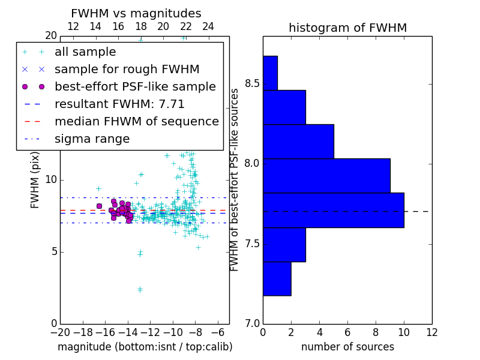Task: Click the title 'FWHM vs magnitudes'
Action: coord(136,14)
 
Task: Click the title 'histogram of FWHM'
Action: coord(347,28)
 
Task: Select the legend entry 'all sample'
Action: coord(85,52)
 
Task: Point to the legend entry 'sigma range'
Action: coord(92,139)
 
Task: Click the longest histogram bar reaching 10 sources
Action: coord(333,210)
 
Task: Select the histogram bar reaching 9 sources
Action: coord(326,175)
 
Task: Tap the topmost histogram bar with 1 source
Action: coord(270,73)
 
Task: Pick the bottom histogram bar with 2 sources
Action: coord(277,278)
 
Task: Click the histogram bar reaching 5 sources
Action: coord(298,141)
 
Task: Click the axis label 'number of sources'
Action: coord(347,347)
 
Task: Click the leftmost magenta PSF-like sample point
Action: coord(99,206)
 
